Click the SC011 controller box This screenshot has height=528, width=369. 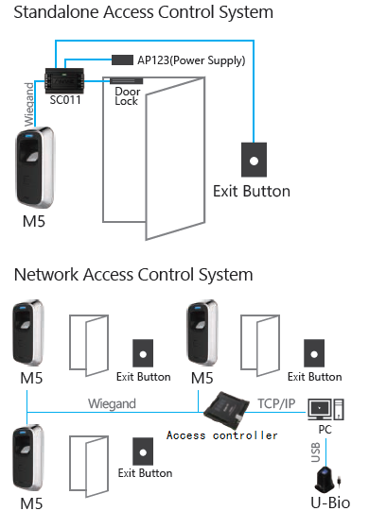(64, 80)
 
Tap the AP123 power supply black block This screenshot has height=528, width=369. (122, 60)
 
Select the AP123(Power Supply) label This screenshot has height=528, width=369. (191, 60)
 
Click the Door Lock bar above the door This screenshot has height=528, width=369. (127, 81)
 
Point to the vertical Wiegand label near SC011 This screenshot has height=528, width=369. (29, 104)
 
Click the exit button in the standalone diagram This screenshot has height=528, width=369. (254, 160)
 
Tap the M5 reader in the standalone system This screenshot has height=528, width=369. (35, 167)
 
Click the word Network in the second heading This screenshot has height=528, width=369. (46, 275)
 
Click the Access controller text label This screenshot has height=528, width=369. (222, 435)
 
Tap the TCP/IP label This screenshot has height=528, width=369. (276, 403)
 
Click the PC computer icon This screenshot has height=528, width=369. (325, 409)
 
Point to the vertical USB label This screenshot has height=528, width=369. (315, 452)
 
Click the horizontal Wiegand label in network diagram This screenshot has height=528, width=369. (112, 403)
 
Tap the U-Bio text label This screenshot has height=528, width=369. (330, 502)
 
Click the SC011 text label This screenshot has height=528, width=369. (65, 100)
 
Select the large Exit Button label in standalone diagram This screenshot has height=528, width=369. (252, 191)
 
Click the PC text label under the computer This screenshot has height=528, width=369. (325, 430)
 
